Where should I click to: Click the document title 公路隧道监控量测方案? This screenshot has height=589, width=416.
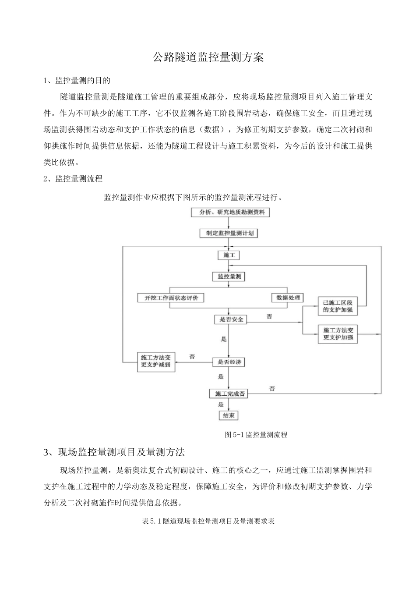coord(208,57)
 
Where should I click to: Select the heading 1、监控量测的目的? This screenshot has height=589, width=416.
coord(77,81)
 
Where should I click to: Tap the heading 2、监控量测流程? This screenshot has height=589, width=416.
coord(73,179)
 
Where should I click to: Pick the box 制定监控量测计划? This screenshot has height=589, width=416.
coord(227,233)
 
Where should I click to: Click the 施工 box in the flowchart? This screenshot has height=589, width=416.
coord(229,255)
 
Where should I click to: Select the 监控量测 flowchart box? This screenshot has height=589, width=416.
coord(229,277)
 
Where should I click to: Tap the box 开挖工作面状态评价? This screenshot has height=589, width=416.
coord(171,298)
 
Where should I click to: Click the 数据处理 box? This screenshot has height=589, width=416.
coord(288,298)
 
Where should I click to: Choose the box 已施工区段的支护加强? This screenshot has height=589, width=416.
coord(338,306)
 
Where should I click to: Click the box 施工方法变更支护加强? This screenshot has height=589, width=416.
coord(338,334)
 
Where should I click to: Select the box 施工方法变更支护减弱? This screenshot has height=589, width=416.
coord(156,362)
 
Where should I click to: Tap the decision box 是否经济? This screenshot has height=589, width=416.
coord(228,362)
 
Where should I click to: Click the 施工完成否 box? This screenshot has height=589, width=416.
coord(228,394)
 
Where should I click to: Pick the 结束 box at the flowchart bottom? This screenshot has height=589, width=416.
coord(229,415)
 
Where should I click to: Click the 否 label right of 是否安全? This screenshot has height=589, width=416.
coord(269,316)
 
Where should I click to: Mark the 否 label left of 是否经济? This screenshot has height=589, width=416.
coord(192,357)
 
